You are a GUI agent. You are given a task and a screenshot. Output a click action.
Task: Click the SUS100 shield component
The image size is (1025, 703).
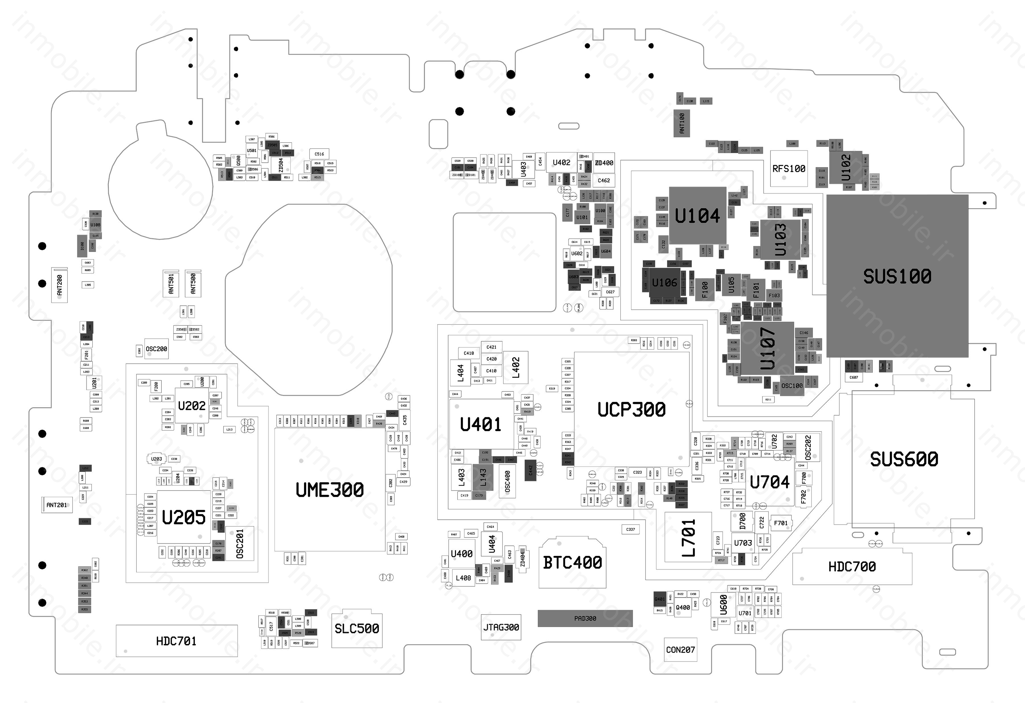[897, 276]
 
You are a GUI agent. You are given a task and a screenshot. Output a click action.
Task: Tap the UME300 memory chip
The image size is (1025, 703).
[329, 489]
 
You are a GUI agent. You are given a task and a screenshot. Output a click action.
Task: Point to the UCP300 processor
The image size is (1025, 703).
[631, 409]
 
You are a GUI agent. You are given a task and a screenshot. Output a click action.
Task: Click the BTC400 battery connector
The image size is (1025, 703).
[572, 563]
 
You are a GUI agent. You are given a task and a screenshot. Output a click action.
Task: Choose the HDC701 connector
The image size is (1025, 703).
[177, 641]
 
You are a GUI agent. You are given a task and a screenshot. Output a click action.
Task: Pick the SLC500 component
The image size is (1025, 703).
[357, 628]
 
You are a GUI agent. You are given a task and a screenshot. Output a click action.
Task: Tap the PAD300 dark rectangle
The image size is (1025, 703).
[585, 619]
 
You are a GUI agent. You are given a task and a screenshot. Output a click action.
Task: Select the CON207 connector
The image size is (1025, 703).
[680, 650]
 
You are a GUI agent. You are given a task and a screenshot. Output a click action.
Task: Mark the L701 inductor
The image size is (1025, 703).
[688, 537]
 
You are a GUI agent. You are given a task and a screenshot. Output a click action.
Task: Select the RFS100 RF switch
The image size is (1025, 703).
[789, 169]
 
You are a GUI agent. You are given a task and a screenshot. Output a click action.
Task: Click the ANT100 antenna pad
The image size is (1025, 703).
[682, 123]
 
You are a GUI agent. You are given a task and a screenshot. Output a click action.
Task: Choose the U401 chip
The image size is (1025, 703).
[481, 424]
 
